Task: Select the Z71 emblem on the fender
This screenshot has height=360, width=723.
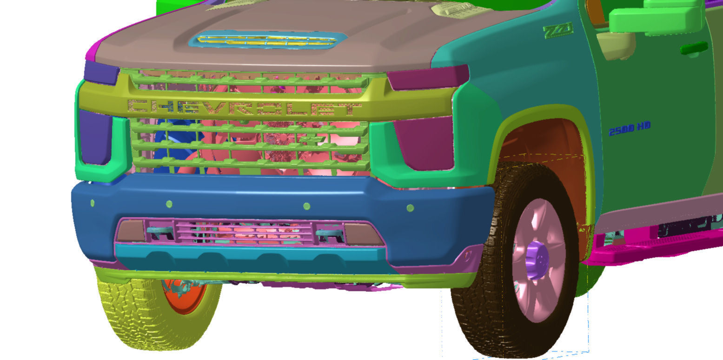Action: pos(558,32)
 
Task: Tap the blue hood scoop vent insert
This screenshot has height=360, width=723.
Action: pos(267,40)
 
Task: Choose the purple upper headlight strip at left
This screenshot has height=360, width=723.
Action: pos(101,72)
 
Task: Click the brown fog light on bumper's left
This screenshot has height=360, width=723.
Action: pos(131,231)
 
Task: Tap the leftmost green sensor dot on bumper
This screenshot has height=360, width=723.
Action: pos(93,203)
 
